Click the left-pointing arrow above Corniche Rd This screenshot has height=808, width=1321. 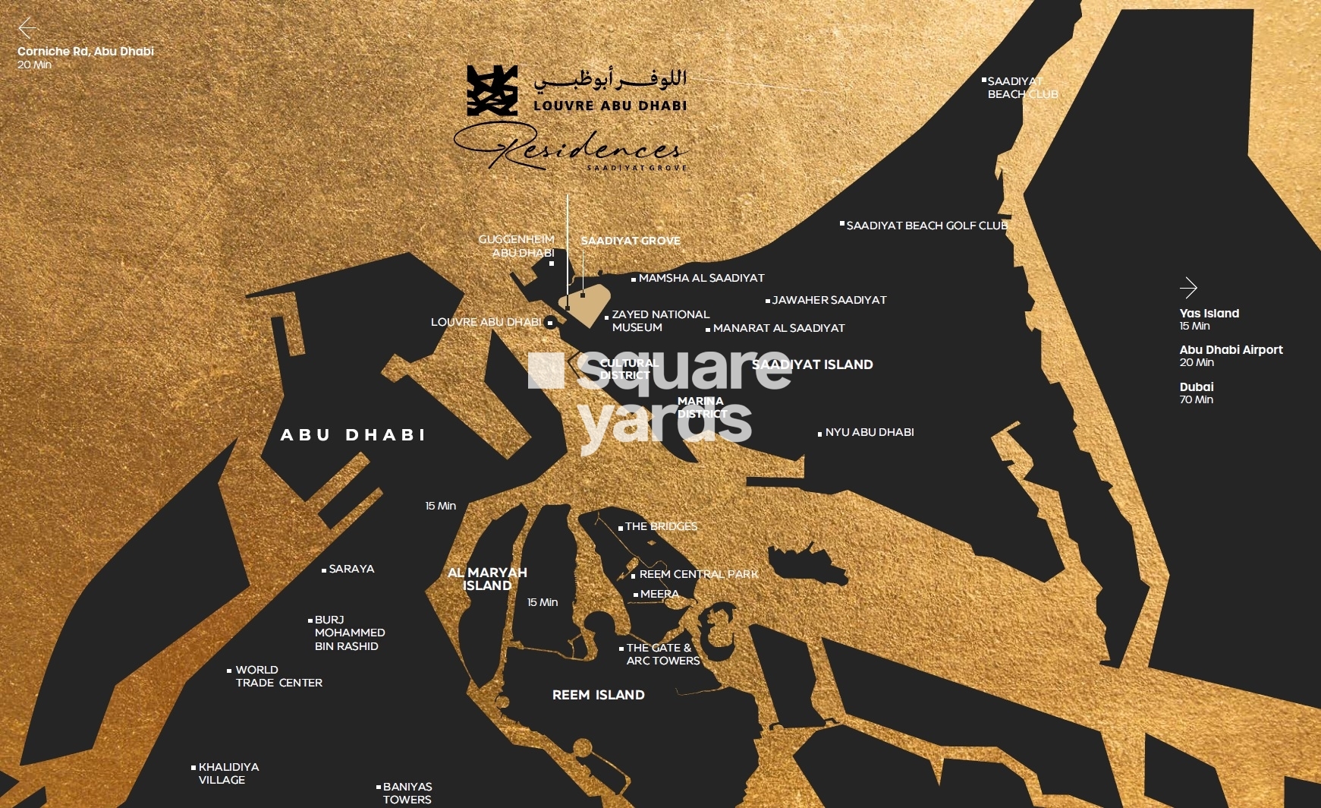(27, 29)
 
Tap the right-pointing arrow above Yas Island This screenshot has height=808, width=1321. (1188, 288)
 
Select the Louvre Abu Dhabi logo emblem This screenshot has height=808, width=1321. (492, 90)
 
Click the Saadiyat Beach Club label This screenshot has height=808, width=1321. (1021, 87)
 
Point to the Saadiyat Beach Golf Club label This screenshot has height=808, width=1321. (926, 226)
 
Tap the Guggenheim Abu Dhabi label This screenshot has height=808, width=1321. (517, 246)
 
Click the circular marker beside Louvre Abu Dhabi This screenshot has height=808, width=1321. (551, 323)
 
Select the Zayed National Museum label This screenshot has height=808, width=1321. (659, 320)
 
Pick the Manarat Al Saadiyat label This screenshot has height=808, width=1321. (778, 328)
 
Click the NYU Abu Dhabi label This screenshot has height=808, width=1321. (869, 432)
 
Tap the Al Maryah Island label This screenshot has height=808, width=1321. (487, 579)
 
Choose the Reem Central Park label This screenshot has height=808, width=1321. (698, 574)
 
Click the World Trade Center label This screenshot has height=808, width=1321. (278, 676)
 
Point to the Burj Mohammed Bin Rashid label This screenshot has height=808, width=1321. (349, 633)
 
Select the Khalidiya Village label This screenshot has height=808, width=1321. (228, 773)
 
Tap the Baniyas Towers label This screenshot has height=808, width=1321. (407, 793)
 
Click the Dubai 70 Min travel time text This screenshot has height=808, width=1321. (1197, 393)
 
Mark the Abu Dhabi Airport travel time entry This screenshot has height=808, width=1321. (1230, 355)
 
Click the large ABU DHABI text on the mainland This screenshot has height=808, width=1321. (353, 435)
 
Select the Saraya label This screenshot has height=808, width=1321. (351, 569)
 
